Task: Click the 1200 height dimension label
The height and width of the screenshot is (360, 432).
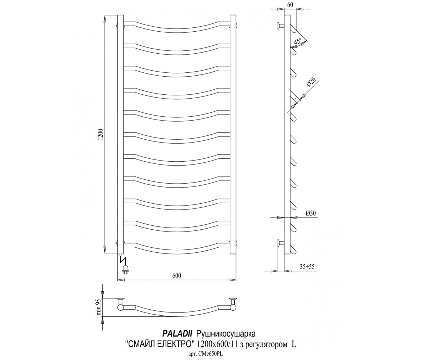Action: point(101,135)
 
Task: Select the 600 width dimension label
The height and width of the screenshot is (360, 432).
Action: point(176,276)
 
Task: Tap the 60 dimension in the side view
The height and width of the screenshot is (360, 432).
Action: point(290,5)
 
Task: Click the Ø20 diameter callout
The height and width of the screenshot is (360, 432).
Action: point(311,82)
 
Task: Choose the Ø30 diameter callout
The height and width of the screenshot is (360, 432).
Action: point(311,213)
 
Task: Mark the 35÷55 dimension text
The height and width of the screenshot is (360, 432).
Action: point(307,267)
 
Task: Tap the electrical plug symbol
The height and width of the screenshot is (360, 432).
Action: point(125,270)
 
